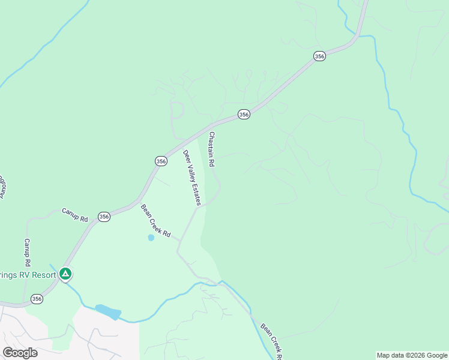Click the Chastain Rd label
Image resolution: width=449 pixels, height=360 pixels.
(212, 149)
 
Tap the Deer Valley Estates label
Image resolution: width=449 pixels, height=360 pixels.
(192, 178)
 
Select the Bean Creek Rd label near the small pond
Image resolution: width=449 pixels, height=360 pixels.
(156, 221)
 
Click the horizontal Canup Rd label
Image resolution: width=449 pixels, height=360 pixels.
(75, 215)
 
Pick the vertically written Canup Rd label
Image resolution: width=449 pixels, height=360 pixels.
(27, 253)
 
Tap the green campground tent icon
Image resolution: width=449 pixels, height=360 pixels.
(65, 275)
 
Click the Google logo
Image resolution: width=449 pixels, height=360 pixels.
(20, 353)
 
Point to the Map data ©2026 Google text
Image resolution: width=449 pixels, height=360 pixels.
(412, 355)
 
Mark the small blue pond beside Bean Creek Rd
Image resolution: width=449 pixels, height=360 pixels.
(151, 238)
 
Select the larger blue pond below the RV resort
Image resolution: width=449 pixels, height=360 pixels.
(108, 312)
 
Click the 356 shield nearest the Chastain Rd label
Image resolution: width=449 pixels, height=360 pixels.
(243, 114)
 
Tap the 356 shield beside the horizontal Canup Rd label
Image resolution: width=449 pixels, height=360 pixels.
(104, 217)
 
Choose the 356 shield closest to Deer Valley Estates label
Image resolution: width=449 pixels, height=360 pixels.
(161, 161)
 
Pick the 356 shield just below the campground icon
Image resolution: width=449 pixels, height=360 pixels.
(37, 298)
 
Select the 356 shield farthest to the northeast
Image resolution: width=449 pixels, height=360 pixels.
(319, 56)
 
